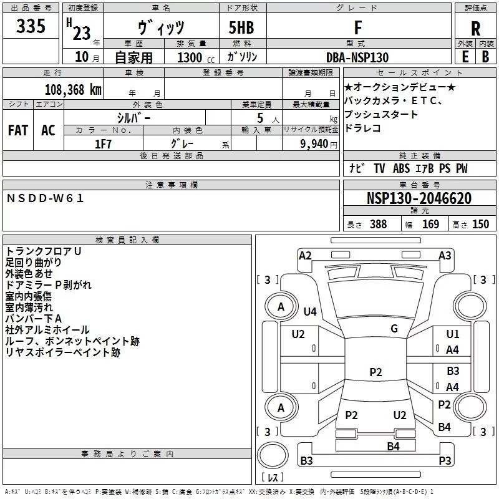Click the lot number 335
coord(31,27)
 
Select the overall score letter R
coord(476,29)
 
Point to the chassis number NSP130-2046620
coord(419,199)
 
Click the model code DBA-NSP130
coord(357,57)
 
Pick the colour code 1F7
coord(103,143)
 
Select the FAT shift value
coord(17,130)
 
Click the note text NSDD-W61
coord(45,198)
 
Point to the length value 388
coord(378,224)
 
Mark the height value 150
coord(480,224)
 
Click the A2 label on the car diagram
coord(305,255)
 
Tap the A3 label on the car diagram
coord(445,255)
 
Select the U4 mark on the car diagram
coord(310,311)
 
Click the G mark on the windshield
coord(394,328)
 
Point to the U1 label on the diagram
coord(453,334)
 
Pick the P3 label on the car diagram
coord(445,460)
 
